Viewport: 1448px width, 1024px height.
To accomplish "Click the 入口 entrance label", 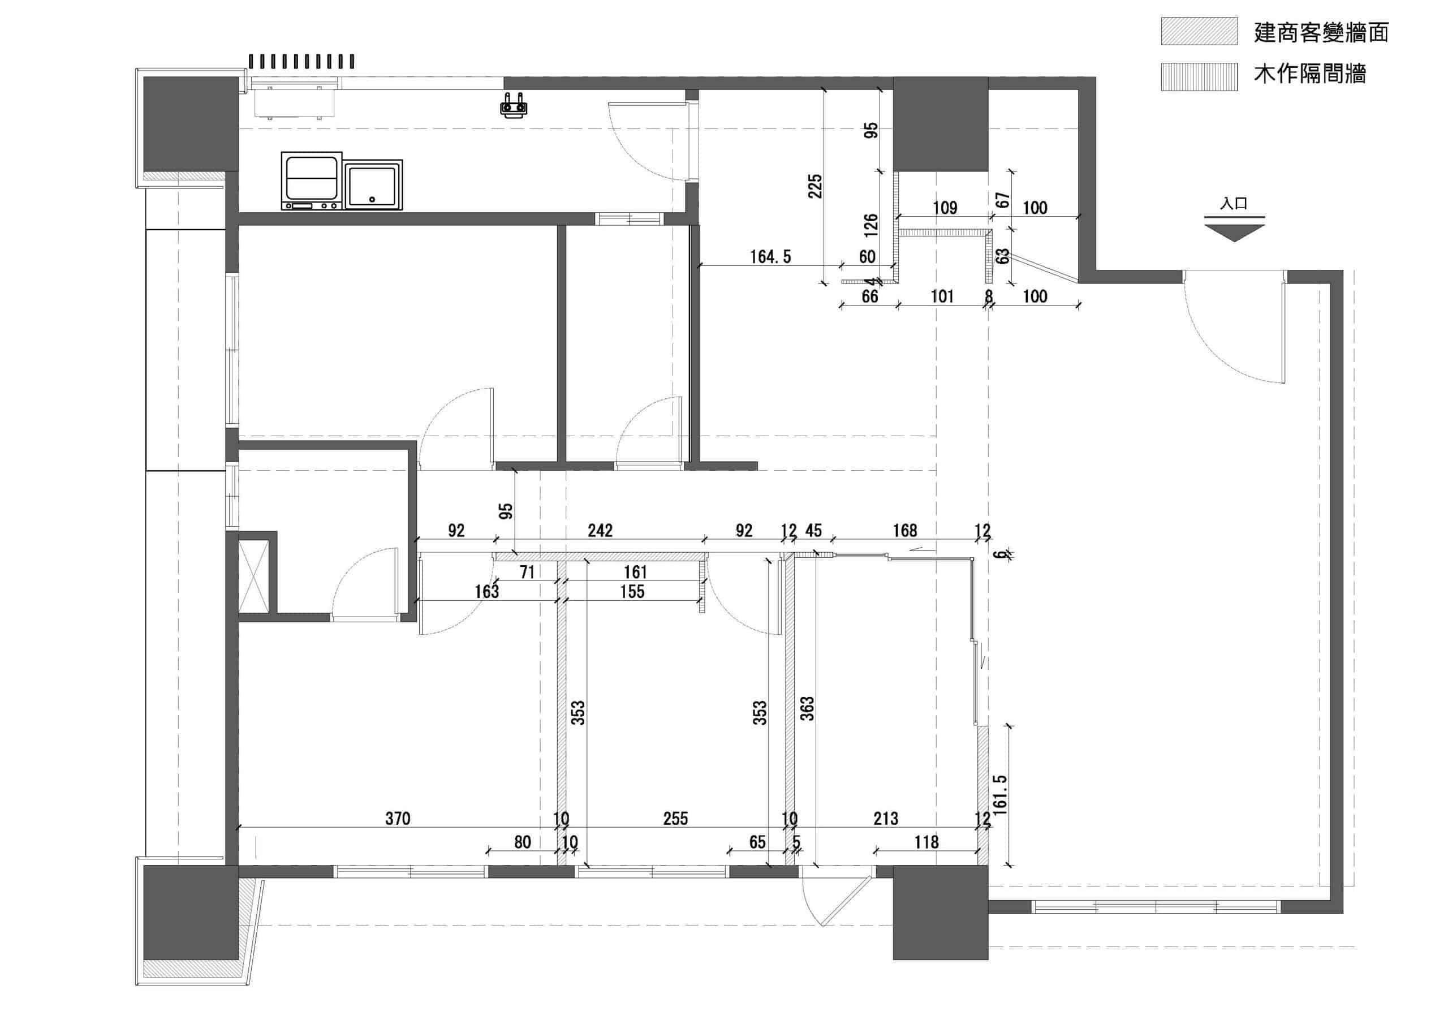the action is coord(1234,204).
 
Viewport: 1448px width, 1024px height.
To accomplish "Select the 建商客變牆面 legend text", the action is coord(1321,32).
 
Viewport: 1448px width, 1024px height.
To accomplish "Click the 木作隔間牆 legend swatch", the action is coord(1200,76).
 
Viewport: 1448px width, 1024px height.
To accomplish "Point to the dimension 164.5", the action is coord(770,257).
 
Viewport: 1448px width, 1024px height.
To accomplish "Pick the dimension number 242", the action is coord(600,531).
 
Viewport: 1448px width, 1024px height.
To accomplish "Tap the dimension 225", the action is coord(816,186).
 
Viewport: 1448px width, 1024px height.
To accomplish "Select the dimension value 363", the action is coord(807,708).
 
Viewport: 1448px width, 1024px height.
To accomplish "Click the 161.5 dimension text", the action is coord(999,795).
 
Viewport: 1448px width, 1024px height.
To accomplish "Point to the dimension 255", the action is coord(675,818).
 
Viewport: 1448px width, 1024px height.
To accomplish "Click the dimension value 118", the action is coord(926,842).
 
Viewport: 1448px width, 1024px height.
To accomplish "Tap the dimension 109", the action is coord(945,208).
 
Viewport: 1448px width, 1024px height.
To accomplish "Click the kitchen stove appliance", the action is coord(312,181).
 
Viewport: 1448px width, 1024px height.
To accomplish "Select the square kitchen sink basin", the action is coord(373,185).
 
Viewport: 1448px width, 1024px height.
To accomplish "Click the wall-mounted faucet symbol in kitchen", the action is coord(514,105).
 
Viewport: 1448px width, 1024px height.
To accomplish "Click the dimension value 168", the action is coord(904,531).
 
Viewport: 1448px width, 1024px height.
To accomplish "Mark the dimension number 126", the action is coord(871,225).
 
